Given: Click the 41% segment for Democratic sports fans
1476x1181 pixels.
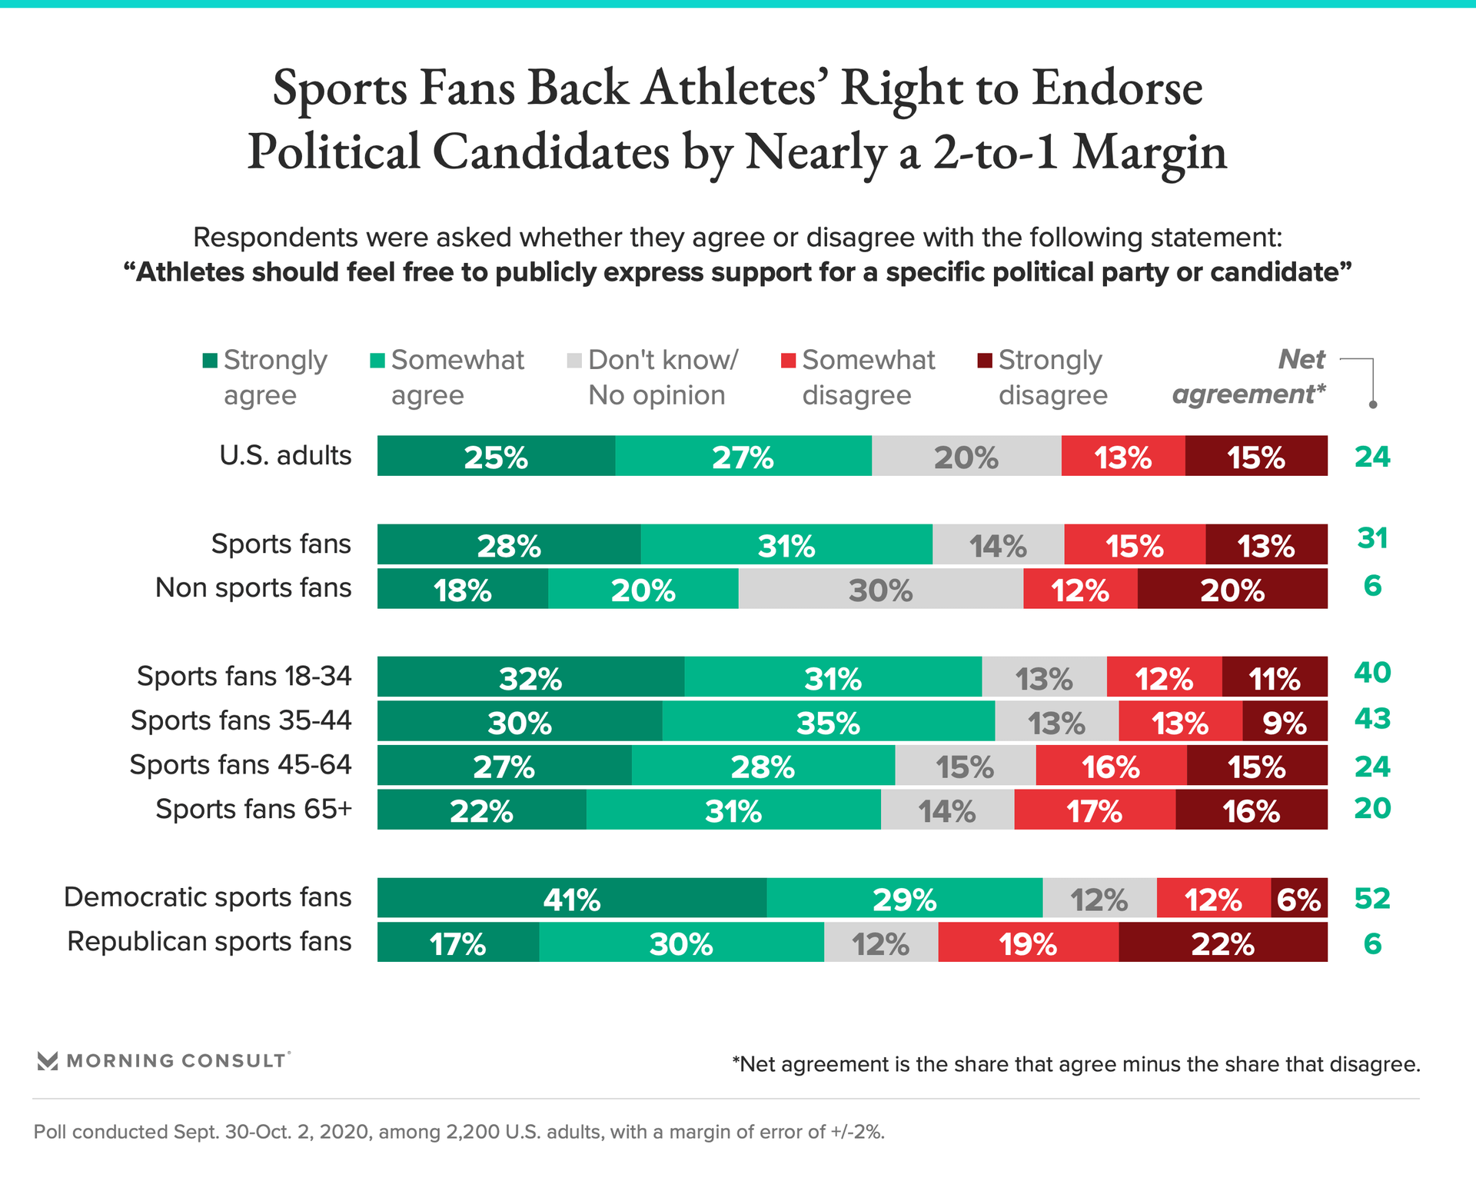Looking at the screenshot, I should click(x=572, y=898).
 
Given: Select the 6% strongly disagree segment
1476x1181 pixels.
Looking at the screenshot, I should click(x=1299, y=898).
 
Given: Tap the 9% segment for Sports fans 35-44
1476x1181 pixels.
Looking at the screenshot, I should click(x=1285, y=721).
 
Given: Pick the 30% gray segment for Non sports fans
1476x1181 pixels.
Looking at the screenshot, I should click(x=881, y=589).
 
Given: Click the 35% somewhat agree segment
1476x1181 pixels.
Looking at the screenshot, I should click(x=829, y=721).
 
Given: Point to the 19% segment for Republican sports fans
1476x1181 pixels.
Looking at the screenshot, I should click(x=1028, y=943).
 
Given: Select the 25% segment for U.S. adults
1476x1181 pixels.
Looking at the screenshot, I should click(x=496, y=456).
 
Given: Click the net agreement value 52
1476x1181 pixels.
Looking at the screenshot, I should click(x=1372, y=898).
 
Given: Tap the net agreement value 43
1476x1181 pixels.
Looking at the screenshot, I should click(x=1372, y=719).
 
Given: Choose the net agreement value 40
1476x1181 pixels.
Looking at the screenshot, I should click(x=1372, y=673).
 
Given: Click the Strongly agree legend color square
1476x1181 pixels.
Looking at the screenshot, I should click(x=210, y=361).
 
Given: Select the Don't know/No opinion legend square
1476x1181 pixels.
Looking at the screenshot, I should click(x=574, y=361).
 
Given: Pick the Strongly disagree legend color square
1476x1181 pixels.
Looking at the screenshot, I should click(x=984, y=361).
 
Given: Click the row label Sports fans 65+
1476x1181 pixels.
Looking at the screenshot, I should click(x=254, y=810).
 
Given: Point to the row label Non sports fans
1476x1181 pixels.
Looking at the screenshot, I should click(x=254, y=588).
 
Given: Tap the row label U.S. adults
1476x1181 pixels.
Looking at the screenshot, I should click(x=285, y=456).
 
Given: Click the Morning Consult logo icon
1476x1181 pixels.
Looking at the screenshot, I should click(x=48, y=1061).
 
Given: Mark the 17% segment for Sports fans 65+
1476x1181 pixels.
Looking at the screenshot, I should click(x=1095, y=810).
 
